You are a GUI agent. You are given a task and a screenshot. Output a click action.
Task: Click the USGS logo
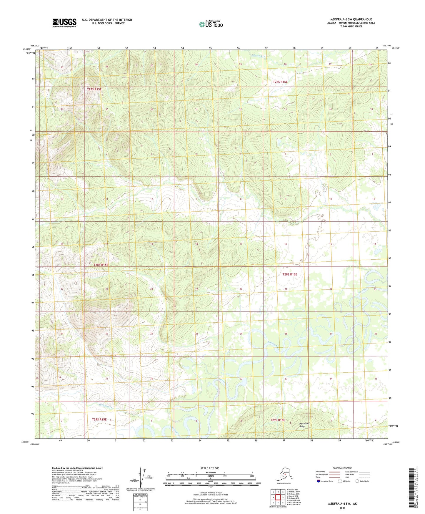pyautogui.click(x=64, y=23)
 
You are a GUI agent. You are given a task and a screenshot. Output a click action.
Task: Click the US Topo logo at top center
pyautogui.click(x=211, y=24)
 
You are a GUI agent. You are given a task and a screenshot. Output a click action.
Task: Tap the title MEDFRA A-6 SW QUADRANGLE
pyautogui.click(x=351, y=19)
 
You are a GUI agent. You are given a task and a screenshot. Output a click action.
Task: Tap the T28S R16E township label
pyautogui.click(x=289, y=274)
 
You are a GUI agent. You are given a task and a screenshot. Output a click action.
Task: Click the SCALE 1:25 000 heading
pyautogui.click(x=210, y=468)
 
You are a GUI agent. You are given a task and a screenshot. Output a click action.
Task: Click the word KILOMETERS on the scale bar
pyautogui.click(x=211, y=472)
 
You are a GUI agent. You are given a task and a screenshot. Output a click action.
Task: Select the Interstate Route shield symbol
pyautogui.click(x=318, y=481)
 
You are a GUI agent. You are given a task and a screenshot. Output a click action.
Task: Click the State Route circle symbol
pyautogui.click(x=357, y=481)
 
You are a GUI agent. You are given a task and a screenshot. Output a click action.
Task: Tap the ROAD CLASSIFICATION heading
pyautogui.click(x=342, y=468)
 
